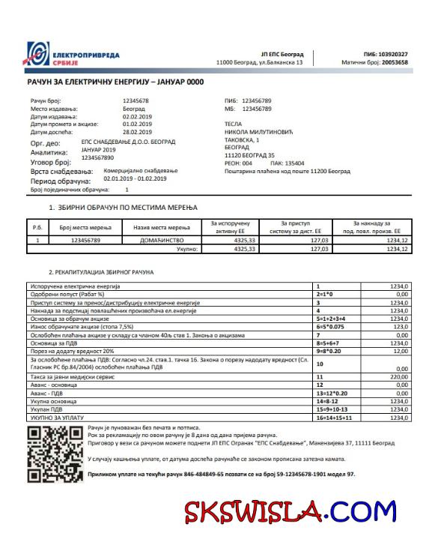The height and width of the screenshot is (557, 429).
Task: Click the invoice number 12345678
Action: point(136,100)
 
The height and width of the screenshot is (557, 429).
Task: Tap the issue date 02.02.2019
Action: point(138,116)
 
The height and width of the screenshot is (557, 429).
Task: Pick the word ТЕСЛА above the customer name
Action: point(235,124)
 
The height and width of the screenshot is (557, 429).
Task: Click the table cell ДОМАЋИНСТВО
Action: point(161,241)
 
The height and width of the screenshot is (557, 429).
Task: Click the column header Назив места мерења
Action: point(161,227)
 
